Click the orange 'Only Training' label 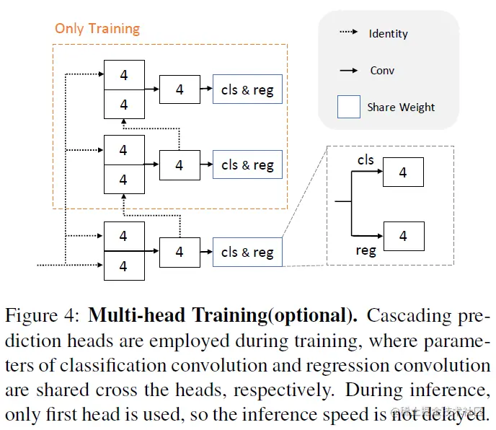[97, 30]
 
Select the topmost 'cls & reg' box [247, 90]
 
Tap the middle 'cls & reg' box [247, 164]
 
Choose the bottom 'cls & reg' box [247, 252]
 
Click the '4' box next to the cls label [402, 172]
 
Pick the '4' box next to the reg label [402, 236]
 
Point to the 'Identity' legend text [388, 34]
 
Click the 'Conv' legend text [382, 71]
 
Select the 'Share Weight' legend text [401, 107]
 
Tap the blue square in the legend [348, 107]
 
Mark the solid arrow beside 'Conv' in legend [348, 71]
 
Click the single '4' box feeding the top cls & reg [180, 89]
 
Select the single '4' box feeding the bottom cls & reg [180, 252]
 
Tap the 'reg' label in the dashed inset [366, 251]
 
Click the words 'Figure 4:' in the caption [43, 316]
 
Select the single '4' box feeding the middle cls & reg [180, 164]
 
